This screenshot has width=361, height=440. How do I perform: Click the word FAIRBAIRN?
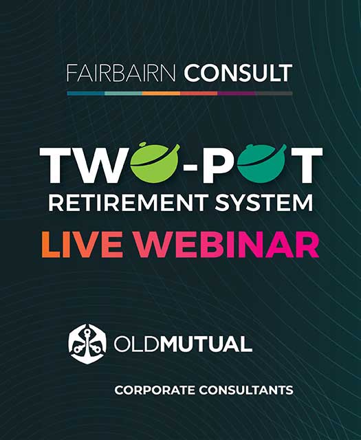tap(121, 74)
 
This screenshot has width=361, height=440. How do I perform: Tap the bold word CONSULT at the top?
tap(238, 74)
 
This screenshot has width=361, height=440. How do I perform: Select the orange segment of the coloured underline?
tap(161, 93)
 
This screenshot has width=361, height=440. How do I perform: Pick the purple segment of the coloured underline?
tap(237, 93)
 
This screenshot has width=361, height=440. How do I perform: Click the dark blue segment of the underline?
tap(86, 93)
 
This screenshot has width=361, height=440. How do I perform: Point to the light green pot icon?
tap(155, 163)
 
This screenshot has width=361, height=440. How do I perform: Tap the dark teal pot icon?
tap(261, 164)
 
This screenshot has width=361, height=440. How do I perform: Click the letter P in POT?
tap(219, 165)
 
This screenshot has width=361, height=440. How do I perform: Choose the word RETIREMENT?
tap(129, 203)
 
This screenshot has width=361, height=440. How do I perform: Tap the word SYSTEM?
tap(264, 203)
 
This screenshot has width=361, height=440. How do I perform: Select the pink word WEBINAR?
tap(228, 245)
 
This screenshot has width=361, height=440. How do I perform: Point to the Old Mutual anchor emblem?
tap(87, 344)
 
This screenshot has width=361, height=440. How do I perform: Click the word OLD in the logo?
tap(137, 344)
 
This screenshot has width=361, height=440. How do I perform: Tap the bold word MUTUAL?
tap(206, 344)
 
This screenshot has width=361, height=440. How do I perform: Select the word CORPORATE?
tap(155, 390)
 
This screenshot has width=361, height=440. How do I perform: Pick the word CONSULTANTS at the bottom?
tap(246, 390)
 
